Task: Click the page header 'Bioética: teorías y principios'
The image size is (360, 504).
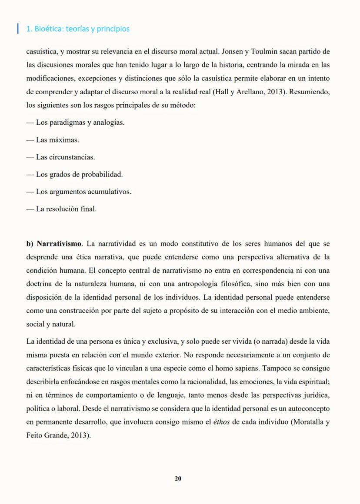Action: [78, 29]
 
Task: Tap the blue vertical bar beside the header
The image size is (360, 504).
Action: [17, 29]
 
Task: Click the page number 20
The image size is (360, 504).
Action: [178, 478]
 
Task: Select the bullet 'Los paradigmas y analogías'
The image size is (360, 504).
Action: [75, 123]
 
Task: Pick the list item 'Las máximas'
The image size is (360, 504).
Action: [53, 140]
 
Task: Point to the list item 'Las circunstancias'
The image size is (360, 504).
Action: [60, 157]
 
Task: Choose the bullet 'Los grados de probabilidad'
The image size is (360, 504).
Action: [74, 174]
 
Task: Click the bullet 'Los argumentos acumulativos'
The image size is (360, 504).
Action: [79, 192]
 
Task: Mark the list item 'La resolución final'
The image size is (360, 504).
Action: [61, 209]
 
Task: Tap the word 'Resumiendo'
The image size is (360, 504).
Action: [311, 92]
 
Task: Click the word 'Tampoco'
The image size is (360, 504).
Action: [277, 368]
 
